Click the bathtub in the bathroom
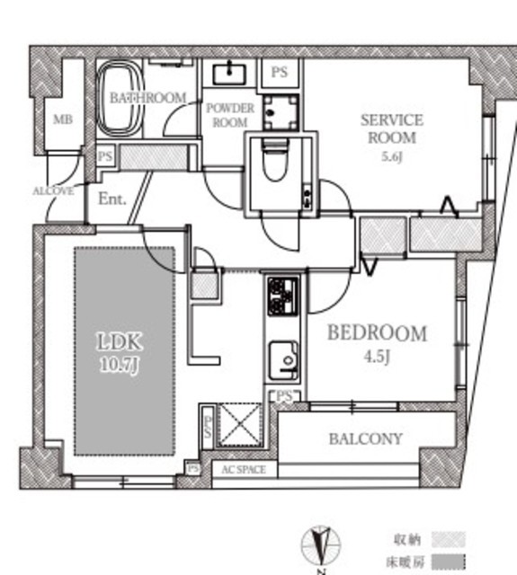click(x=120, y=98)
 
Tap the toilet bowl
click(x=275, y=161)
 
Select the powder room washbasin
click(x=229, y=74)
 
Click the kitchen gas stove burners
click(x=282, y=296)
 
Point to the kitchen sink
click(x=284, y=361)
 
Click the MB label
click(x=63, y=119)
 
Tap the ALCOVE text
click(x=53, y=191)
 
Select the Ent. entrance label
click(x=111, y=199)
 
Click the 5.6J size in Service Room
click(x=392, y=157)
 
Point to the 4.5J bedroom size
click(x=377, y=356)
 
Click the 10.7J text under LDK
click(x=120, y=366)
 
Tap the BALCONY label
click(x=365, y=439)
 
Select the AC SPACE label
click(x=244, y=470)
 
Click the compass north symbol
click(x=321, y=546)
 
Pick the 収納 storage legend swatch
click(x=449, y=539)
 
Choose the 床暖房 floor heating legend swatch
click(x=449, y=562)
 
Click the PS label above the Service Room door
click(x=280, y=72)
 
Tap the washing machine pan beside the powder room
click(x=281, y=111)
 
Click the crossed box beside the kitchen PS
click(x=239, y=425)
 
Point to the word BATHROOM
click(x=147, y=98)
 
